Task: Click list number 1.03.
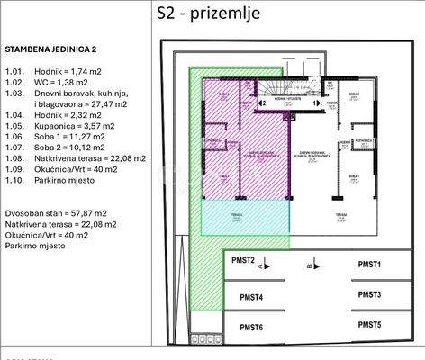[x=14, y=93]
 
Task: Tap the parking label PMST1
[x=369, y=264]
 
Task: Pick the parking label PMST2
[x=243, y=260]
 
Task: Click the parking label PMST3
[x=369, y=294]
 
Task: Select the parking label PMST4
[x=251, y=297]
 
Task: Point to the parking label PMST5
[x=369, y=324]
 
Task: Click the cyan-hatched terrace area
[x=241, y=217]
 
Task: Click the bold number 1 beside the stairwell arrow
[x=315, y=103]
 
